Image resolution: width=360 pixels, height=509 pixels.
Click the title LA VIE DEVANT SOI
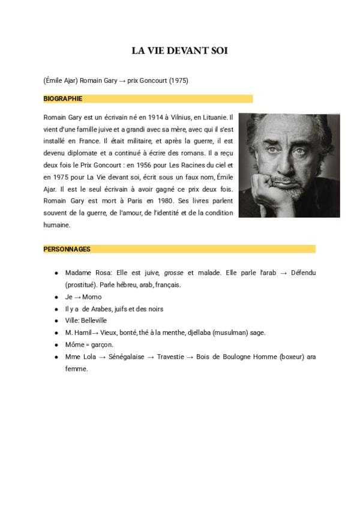(179, 51)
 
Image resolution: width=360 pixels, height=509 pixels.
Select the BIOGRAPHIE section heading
(63, 98)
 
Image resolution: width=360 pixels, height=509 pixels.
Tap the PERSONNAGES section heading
(67, 248)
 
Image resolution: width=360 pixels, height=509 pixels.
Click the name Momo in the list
(92, 297)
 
